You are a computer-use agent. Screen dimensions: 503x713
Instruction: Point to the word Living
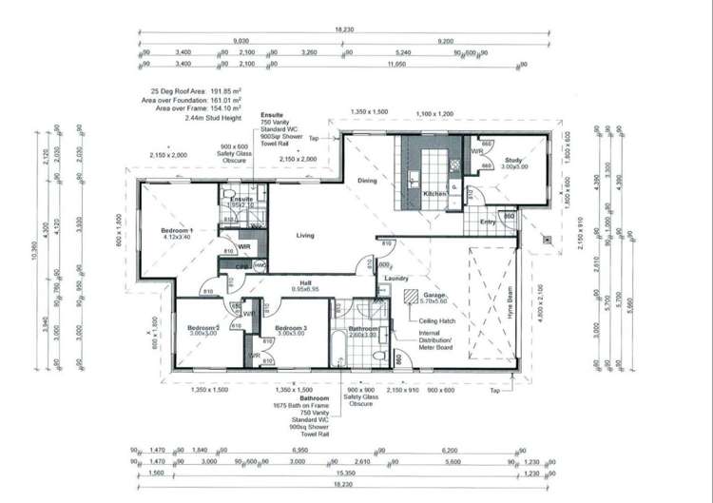tap(304, 235)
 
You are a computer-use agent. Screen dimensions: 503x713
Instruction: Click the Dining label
tap(367, 180)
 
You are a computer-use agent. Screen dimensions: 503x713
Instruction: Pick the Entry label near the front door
tap(488, 222)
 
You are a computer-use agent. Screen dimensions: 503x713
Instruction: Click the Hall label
tap(304, 281)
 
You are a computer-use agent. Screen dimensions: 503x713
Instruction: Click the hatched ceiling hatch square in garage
tap(411, 297)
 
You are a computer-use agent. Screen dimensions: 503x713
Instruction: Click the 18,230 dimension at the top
tap(344, 29)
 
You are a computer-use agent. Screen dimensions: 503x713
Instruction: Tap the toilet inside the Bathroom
tap(380, 354)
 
